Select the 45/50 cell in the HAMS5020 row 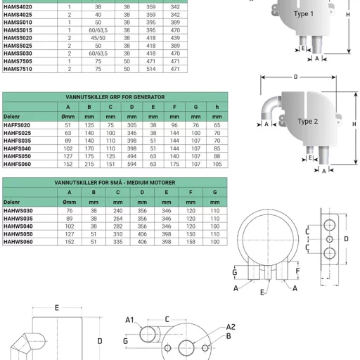[98, 37]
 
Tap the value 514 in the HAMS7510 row [150, 69]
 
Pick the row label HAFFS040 [18, 148]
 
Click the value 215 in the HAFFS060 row [90, 164]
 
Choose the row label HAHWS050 [18, 233]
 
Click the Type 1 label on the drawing [304, 13]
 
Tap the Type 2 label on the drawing [308, 121]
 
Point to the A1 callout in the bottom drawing [129, 320]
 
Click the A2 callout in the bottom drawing [231, 327]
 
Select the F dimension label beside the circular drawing [298, 270]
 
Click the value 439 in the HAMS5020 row [175, 37]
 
